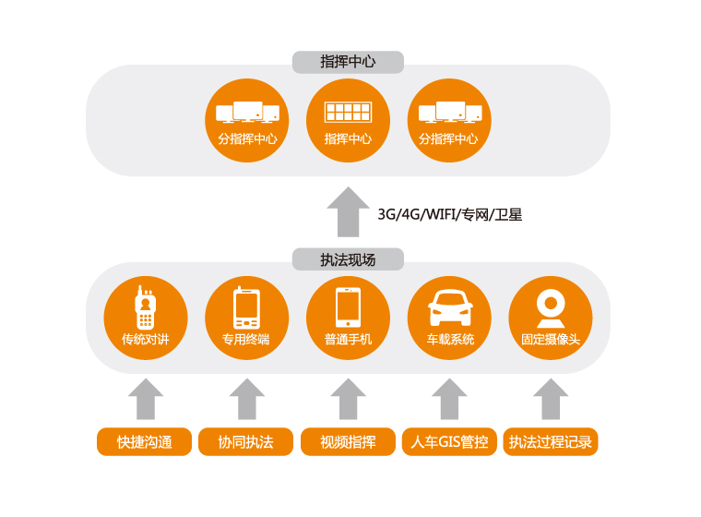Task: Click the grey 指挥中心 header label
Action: (348, 62)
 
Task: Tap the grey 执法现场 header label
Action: (348, 259)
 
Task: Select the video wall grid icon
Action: (348, 112)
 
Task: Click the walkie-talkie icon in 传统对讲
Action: (146, 307)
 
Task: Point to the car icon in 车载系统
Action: (450, 307)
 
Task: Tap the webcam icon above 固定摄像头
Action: (551, 308)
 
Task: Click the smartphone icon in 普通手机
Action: (348, 307)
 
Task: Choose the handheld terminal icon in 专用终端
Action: (246, 307)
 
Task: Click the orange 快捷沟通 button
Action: (145, 442)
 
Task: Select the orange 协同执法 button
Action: (246, 442)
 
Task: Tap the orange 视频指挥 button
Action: (348, 442)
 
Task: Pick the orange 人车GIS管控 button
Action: (449, 442)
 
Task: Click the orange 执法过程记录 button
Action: (551, 442)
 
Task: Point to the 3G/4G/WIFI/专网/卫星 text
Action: (450, 214)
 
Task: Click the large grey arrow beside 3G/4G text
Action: (348, 211)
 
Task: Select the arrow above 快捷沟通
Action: (146, 399)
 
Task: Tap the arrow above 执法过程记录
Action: (551, 399)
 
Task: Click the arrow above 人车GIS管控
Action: (449, 399)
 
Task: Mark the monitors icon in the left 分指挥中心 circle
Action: (247, 112)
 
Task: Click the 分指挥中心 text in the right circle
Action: (448, 138)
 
